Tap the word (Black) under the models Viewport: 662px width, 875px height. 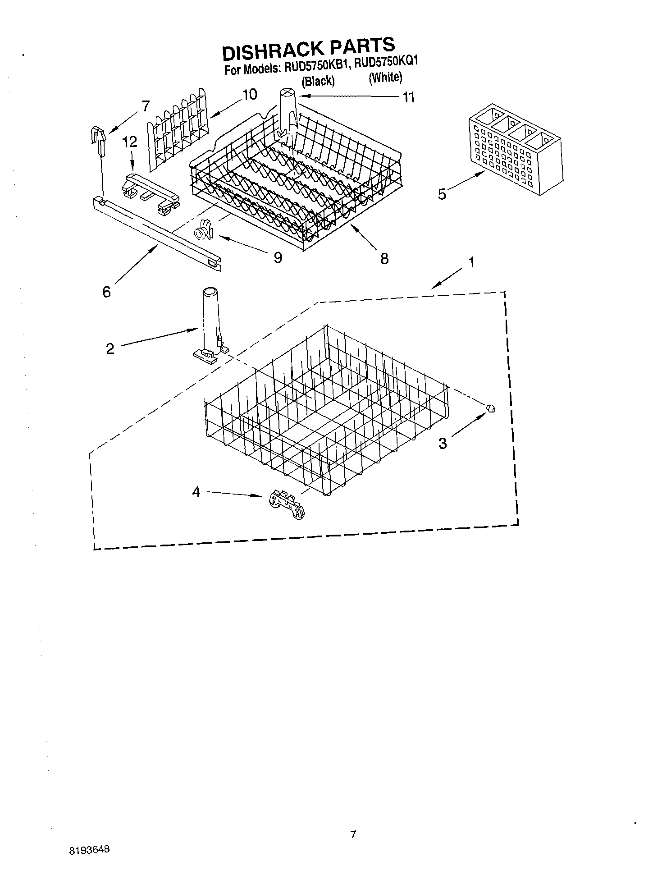(x=318, y=81)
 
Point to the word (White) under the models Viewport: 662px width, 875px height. (x=385, y=78)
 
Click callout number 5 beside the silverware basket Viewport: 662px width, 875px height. (x=442, y=194)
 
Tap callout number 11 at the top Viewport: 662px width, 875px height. (x=408, y=97)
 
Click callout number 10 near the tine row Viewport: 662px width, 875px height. (x=249, y=95)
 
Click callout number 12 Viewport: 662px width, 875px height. (x=129, y=142)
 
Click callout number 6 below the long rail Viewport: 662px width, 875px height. (x=106, y=292)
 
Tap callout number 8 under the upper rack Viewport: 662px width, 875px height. (x=384, y=259)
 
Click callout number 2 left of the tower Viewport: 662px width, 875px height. (x=110, y=348)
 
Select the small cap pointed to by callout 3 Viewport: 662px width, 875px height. (x=491, y=408)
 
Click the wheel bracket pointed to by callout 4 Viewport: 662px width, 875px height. (x=287, y=505)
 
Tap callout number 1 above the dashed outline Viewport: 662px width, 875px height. (x=471, y=262)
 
